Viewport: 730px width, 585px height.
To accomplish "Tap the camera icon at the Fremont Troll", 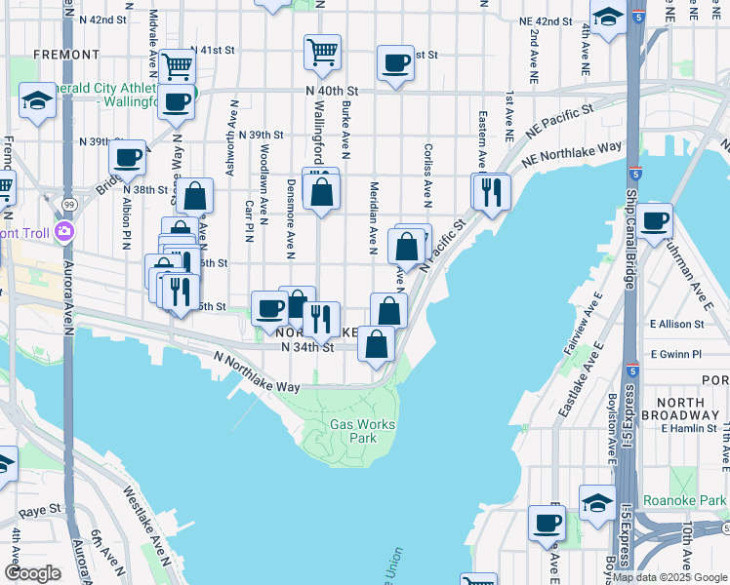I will point(65,231).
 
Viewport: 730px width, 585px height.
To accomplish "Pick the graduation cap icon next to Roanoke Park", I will point(597,501).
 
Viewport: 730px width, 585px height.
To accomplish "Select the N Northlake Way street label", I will point(258,372).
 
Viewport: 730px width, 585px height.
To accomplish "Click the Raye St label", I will point(40,509).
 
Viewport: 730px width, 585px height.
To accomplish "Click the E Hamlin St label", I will point(689,429).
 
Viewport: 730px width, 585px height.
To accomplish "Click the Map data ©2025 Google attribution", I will point(670,577).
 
